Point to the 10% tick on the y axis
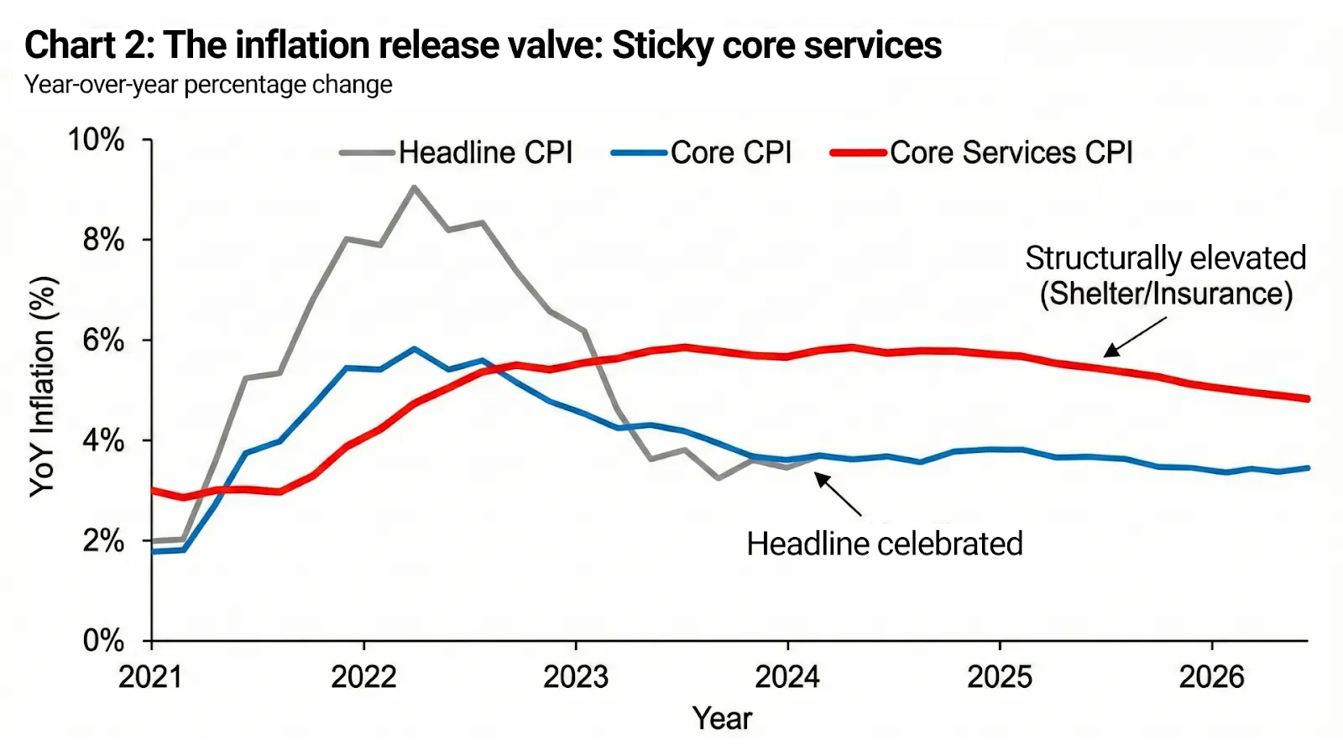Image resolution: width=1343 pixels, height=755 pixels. tap(97, 139)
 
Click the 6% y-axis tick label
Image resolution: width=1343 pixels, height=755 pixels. tap(102, 341)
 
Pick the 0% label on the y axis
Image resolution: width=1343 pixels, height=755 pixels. tap(102, 641)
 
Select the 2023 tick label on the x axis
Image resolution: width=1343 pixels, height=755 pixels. tap(576, 676)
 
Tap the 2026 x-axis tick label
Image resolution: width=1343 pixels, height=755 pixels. tap(1211, 676)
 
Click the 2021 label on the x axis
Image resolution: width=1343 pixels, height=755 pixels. tap(151, 676)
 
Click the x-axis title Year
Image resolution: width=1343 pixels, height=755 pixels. tap(722, 718)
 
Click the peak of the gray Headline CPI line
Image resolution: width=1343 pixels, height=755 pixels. tap(414, 187)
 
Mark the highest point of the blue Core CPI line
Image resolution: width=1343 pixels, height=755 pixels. tap(414, 349)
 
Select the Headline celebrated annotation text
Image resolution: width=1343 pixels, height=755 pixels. tap(885, 544)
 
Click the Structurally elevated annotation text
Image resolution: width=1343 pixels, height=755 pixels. tap(1165, 258)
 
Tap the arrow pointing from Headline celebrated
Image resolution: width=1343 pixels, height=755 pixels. tap(838, 494)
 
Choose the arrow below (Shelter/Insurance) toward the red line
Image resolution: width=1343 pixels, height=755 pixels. tap(1135, 337)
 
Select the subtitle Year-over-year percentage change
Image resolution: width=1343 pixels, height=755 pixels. tap(208, 85)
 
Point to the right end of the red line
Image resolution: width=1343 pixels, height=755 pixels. tap(1306, 398)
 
